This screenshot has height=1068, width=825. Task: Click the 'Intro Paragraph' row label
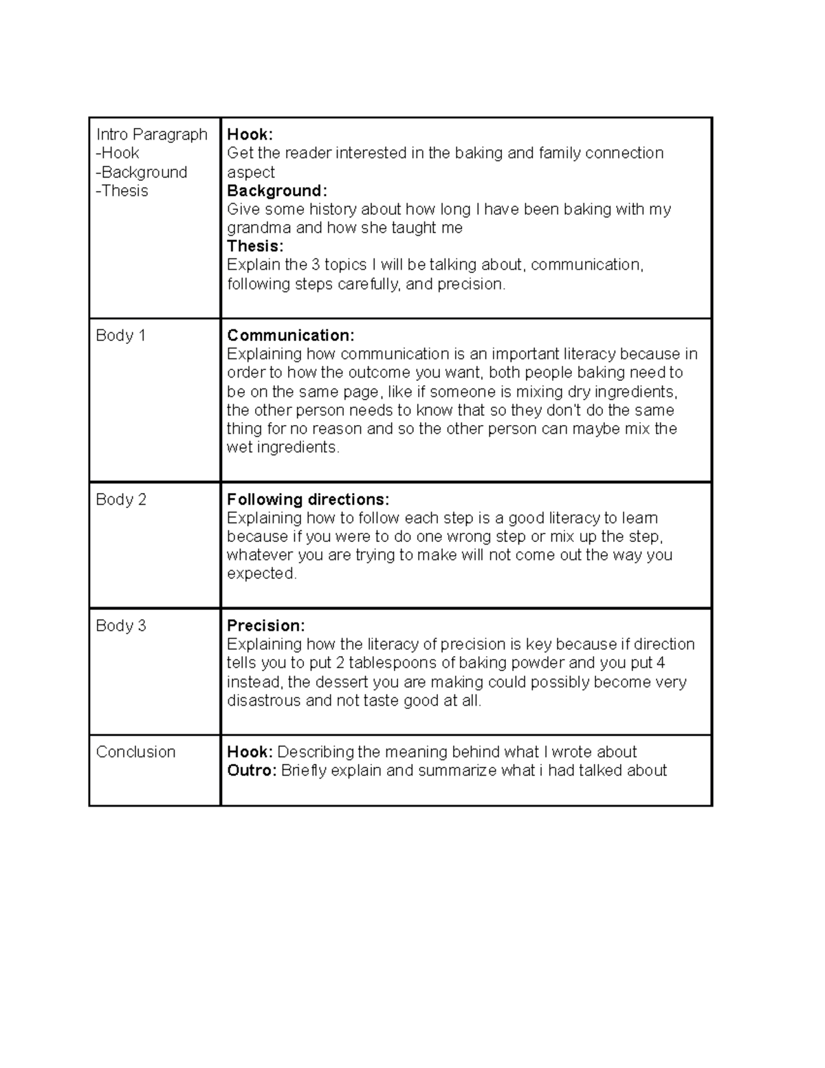point(151,134)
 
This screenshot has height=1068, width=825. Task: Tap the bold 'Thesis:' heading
point(255,246)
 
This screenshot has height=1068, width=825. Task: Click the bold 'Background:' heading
point(277,190)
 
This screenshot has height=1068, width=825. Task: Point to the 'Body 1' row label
point(120,336)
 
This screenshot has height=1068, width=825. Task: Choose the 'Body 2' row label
point(121,499)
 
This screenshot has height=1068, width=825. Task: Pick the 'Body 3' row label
point(121,626)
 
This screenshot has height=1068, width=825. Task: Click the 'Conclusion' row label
point(135,752)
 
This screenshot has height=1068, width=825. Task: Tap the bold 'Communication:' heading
point(291,336)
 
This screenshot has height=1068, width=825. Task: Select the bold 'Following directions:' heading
point(308,499)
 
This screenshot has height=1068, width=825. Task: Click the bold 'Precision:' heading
point(266,626)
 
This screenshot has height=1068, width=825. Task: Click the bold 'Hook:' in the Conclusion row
point(250,752)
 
